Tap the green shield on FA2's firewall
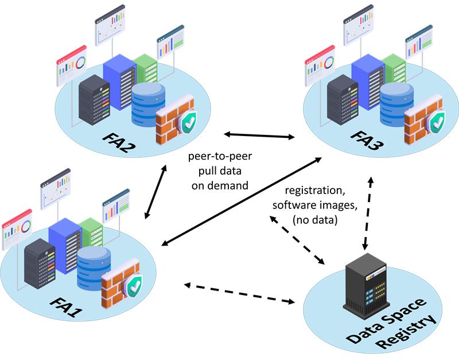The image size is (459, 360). point(188,122)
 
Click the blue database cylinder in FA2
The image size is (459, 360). point(148,104)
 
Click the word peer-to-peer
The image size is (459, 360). point(213,156)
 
